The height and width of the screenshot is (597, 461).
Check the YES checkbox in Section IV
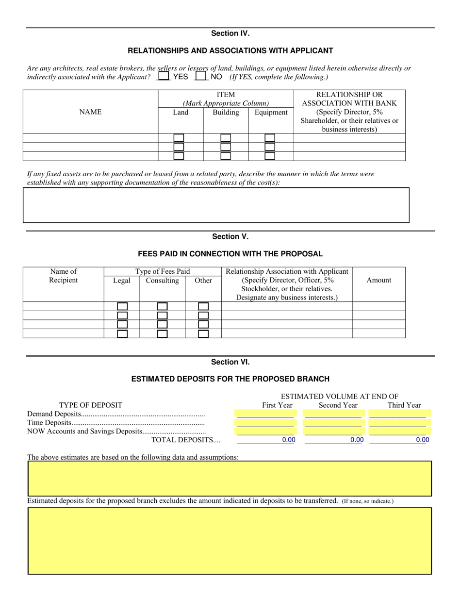(164, 76)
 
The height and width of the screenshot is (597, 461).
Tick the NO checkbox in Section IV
(200, 76)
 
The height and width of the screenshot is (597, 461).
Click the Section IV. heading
(230, 33)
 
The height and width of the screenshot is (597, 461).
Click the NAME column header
(90, 112)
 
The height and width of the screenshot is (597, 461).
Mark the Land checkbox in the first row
(179, 138)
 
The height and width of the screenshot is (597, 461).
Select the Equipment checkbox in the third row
(270, 156)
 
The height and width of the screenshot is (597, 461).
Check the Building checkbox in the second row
(226, 147)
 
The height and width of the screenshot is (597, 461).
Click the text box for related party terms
(216, 205)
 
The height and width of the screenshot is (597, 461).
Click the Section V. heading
(230, 237)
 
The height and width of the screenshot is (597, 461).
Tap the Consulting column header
(162, 281)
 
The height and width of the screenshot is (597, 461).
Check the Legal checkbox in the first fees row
(122, 307)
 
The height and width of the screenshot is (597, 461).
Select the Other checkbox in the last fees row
(203, 334)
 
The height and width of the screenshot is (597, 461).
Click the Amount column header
(379, 280)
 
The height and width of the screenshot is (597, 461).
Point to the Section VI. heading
(230, 362)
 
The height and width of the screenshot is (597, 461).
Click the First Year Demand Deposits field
(265, 415)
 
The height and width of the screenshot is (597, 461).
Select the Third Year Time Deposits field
(397, 423)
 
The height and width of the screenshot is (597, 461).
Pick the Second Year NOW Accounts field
(333, 431)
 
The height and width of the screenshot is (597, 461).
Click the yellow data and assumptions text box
(230, 479)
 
